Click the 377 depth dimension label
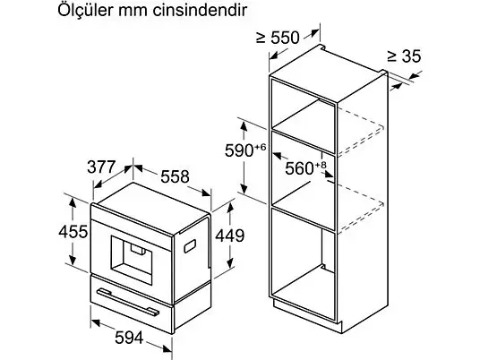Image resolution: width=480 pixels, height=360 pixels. [x=101, y=167]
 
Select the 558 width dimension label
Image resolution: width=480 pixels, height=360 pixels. [x=176, y=176]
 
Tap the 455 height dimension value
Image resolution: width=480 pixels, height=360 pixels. [x=73, y=231]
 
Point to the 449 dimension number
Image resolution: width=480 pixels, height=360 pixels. [x=230, y=236]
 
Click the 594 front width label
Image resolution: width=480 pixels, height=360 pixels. [x=129, y=338]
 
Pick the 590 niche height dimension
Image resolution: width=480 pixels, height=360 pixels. [x=239, y=150]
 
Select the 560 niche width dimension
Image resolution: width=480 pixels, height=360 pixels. [x=299, y=168]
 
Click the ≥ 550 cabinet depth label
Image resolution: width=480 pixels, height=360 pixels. [x=278, y=38]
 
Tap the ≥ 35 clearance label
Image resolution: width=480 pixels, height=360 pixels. [x=404, y=56]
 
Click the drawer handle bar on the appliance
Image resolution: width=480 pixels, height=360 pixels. [x=128, y=302]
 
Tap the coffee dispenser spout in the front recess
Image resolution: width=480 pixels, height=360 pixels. [x=137, y=249]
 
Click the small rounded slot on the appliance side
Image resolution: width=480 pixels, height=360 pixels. [x=190, y=246]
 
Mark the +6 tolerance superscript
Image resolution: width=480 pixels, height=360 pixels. [x=260, y=148]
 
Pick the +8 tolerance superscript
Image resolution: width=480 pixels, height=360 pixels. [x=321, y=165]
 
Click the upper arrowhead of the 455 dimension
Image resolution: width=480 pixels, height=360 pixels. [x=73, y=202]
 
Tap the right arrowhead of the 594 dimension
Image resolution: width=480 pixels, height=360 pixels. [x=167, y=348]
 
